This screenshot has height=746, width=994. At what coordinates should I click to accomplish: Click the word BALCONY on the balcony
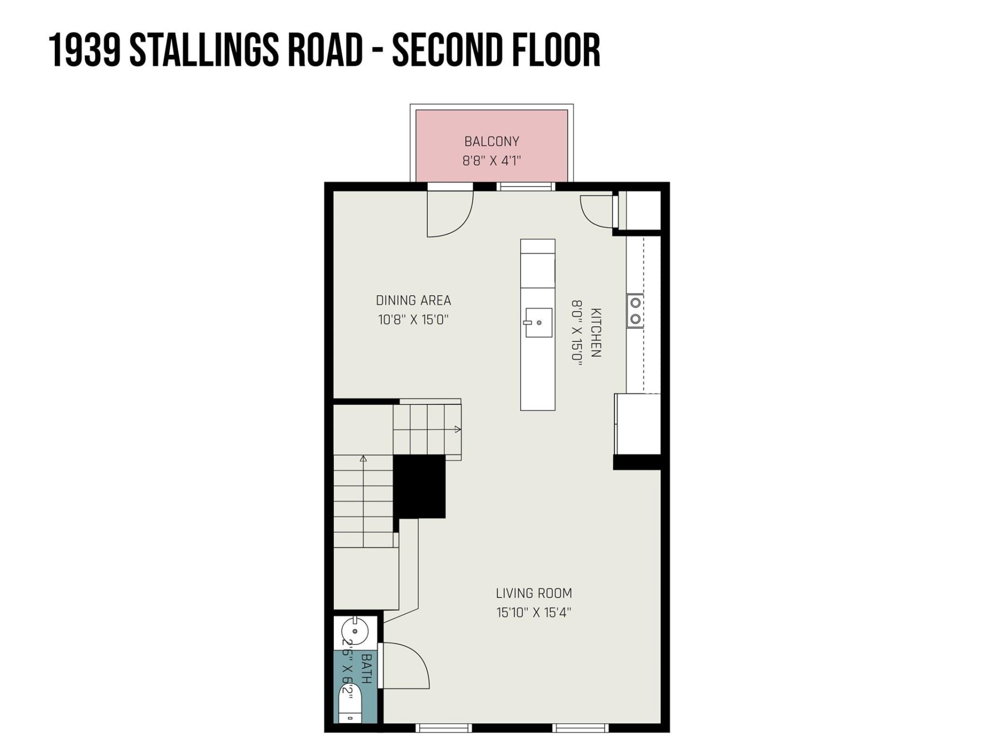(x=491, y=141)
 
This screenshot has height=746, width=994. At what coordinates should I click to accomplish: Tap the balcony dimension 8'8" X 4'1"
(x=491, y=161)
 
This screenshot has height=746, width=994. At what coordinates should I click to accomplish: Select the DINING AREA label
(x=413, y=300)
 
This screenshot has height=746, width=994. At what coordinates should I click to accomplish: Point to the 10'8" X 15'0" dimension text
(x=413, y=320)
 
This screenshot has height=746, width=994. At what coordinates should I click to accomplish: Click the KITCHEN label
(x=596, y=333)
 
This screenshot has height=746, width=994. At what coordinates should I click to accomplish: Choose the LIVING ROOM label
(x=534, y=593)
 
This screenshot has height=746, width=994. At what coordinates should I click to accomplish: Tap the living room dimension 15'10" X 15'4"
(x=534, y=612)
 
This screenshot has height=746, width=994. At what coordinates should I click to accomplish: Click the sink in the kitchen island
(x=538, y=322)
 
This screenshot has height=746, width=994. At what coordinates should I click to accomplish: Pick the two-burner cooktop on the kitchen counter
(x=635, y=311)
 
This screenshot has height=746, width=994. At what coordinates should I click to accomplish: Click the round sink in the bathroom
(x=355, y=632)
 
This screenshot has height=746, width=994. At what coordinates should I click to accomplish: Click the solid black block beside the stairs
(x=419, y=486)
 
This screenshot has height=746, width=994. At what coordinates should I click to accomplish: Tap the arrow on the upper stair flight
(x=457, y=429)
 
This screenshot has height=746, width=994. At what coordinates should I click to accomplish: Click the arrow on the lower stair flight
(x=363, y=458)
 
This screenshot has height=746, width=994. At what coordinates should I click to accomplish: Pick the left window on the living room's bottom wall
(x=444, y=728)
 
